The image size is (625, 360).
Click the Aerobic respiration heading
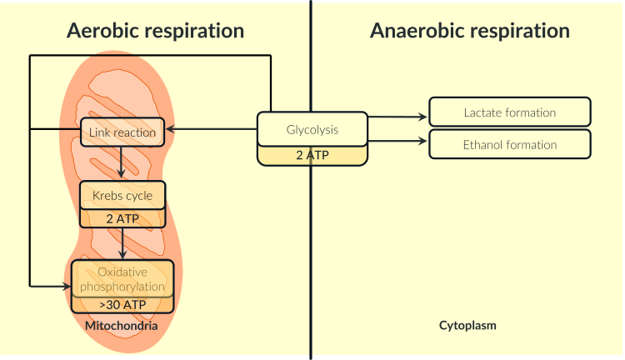click(x=155, y=31)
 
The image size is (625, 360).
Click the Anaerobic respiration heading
click(x=469, y=31)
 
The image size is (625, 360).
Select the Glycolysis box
click(x=312, y=130)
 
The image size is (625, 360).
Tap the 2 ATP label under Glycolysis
click(x=312, y=156)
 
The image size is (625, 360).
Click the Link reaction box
click(x=122, y=132)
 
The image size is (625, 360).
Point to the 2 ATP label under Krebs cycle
click(x=122, y=219)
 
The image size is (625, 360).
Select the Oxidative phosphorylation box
click(x=122, y=279)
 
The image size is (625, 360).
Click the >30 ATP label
click(x=122, y=305)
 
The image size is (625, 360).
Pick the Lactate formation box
click(x=510, y=112)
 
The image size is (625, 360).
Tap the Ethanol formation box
click(x=510, y=144)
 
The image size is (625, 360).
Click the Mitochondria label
click(x=122, y=326)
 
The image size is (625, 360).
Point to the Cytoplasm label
click(x=467, y=326)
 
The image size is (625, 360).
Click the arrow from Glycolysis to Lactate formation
click(x=397, y=117)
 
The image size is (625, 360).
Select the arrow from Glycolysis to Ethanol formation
click(x=397, y=141)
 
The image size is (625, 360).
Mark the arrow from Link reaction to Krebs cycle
click(x=122, y=162)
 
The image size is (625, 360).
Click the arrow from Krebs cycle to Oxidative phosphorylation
click(x=122, y=243)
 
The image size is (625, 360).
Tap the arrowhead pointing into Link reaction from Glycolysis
click(x=169, y=129)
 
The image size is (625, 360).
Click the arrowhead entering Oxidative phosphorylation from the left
click(x=66, y=286)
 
